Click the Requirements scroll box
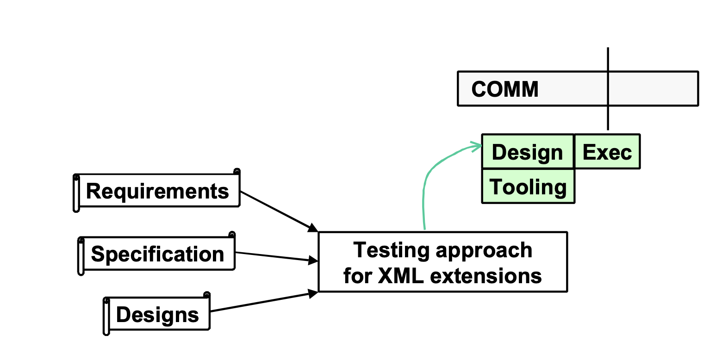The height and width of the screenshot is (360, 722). pos(157,191)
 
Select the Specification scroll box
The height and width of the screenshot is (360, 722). pos(157,254)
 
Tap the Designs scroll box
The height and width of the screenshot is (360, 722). pos(157,315)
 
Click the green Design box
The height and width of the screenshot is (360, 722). pos(528,152)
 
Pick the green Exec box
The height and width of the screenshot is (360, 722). pos(607,152)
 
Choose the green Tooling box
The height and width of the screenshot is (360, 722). pos(528,186)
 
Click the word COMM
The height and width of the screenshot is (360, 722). pos(505,89)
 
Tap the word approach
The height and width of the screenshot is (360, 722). pos(484,250)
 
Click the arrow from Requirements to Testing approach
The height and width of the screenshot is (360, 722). pos(278,211)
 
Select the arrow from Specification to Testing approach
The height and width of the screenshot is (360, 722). pos(273,257)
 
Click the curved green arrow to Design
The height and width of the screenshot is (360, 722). pos(426,185)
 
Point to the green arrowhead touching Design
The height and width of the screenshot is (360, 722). pos(477,146)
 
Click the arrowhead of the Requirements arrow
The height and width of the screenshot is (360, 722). pos(313,228)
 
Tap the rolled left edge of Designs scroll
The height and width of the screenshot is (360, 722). pos(106,316)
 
